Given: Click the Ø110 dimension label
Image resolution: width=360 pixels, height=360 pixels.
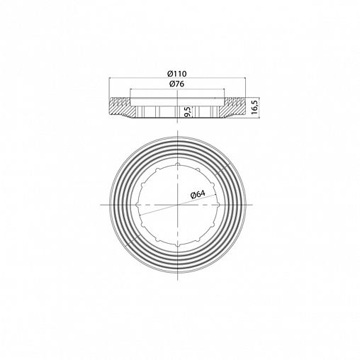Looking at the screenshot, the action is click(177, 74).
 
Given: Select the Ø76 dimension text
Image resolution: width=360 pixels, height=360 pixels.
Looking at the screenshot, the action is click(177, 84).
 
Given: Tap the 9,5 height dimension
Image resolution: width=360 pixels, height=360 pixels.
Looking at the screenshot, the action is click(188, 112).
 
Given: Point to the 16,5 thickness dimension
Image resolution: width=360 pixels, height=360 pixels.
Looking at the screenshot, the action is click(254, 107).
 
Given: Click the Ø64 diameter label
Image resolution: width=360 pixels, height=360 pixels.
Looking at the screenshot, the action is click(198, 195).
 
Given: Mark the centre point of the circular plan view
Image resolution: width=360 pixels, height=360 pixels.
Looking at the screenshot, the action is click(178, 205).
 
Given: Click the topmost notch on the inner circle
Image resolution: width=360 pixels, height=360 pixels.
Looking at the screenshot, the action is click(178, 164).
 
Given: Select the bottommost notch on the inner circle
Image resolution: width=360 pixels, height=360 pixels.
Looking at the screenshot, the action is click(178, 245).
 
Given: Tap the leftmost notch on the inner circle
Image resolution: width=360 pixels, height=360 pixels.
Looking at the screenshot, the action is click(137, 205).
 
